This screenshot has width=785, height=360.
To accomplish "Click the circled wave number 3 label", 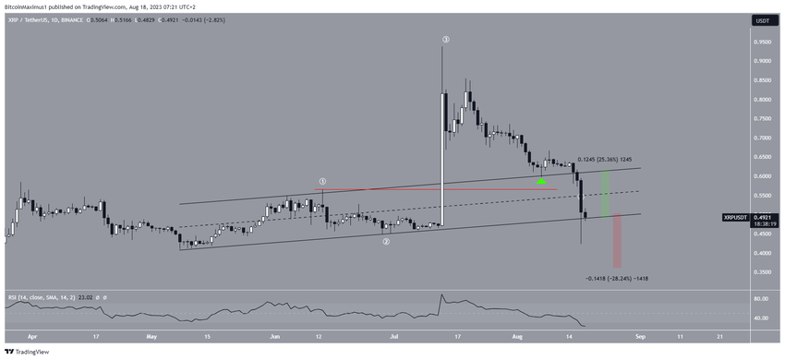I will coord(445,40).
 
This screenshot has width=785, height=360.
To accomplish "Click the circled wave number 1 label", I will coord(322,182).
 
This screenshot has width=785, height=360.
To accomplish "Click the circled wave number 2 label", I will coord(386,241).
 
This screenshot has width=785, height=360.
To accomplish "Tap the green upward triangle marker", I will coord(542,181).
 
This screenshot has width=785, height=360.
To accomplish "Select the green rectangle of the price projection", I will coord(604,193).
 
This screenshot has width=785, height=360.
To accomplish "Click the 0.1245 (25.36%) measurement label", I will coord(604,160).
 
